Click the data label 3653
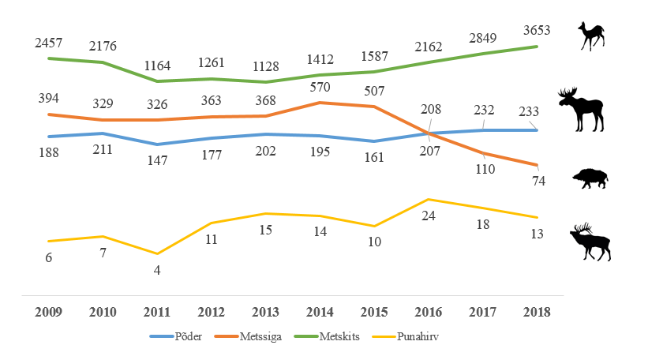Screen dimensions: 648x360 [537, 30]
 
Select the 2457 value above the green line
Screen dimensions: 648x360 [48, 43]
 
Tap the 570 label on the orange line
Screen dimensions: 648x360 [320, 87]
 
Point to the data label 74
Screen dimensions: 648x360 [538, 181]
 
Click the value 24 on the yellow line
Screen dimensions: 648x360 [428, 216]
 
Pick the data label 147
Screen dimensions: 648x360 [157, 160]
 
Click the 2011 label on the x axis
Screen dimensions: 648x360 [156, 312]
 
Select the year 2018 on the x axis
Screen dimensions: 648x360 [537, 312]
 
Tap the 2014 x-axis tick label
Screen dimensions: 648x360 [320, 312]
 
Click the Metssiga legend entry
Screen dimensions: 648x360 [248, 336]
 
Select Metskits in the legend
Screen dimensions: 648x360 [327, 336]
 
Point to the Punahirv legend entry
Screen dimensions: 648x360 [405, 336]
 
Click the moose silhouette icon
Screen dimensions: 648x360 [582, 110]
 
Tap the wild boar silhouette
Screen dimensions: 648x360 [590, 178]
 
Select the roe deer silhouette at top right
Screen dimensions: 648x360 [592, 36]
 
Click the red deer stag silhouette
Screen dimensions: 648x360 [590, 242]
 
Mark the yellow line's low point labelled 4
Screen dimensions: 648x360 [157, 253]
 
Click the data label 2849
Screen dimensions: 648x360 [482, 38]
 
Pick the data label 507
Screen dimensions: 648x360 [374, 91]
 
